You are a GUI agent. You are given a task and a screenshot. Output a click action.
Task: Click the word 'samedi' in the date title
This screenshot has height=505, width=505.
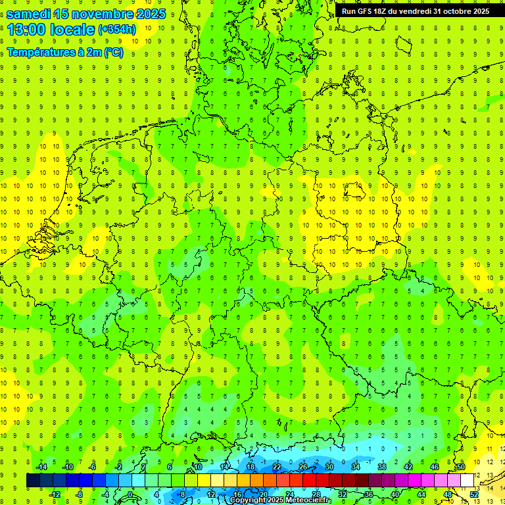(x=30, y=13)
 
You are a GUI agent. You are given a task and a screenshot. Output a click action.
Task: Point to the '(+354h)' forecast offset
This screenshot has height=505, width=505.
(x=116, y=30)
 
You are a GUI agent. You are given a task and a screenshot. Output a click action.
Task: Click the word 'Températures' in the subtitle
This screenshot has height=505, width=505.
(x=39, y=52)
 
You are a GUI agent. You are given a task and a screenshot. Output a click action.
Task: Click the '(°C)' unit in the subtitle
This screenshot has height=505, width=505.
(x=112, y=52)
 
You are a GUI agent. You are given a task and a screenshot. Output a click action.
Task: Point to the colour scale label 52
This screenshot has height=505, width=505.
(x=473, y=494)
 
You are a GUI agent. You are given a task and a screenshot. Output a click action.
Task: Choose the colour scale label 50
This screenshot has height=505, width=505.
(x=460, y=467)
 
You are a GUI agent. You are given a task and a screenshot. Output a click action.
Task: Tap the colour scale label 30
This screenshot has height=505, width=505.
(x=329, y=467)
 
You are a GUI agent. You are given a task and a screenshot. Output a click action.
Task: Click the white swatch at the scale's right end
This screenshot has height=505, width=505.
(x=467, y=481)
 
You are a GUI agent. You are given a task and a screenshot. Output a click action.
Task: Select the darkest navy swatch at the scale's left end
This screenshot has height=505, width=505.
(x=33, y=481)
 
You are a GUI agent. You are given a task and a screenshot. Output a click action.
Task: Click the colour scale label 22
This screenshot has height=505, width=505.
(x=276, y=467)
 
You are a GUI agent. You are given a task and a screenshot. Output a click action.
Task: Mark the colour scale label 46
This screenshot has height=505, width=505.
(x=434, y=467)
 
